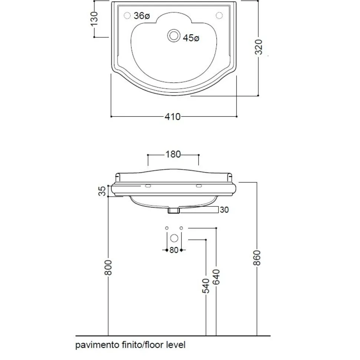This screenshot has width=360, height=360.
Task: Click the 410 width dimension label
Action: click(173, 117)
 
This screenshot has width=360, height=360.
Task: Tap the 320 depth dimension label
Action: click(259, 47)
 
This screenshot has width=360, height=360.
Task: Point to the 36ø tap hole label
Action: click(142, 16)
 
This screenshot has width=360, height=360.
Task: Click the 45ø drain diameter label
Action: click(191, 38)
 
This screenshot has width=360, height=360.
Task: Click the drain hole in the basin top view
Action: click(174, 36)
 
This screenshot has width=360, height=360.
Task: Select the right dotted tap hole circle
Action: click(219, 15)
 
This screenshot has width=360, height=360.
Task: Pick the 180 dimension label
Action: click(173, 154)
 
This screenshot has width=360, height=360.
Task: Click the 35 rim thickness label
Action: click(102, 191)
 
